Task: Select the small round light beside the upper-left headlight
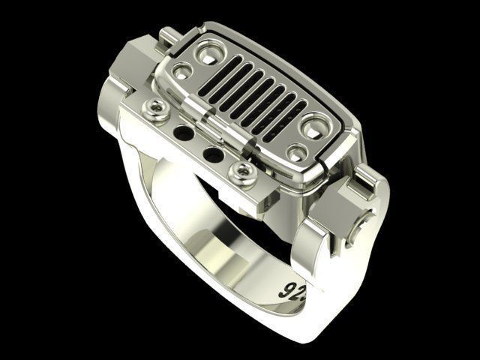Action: click(180, 72)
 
